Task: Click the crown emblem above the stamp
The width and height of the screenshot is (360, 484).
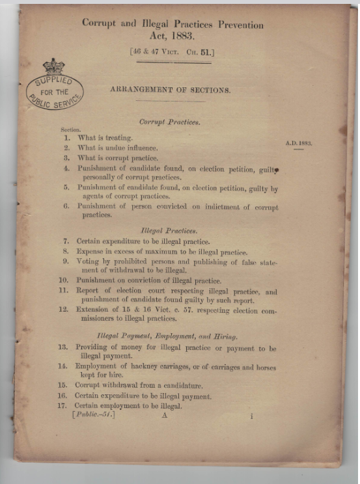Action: (53, 66)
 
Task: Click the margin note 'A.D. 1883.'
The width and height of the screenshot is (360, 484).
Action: (299, 142)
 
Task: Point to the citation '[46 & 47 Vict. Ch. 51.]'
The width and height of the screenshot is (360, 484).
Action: (173, 49)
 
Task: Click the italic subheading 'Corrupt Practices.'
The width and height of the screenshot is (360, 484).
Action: (169, 122)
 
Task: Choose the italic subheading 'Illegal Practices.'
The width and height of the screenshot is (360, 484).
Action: (168, 230)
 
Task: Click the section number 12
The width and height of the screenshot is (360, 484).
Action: (62, 310)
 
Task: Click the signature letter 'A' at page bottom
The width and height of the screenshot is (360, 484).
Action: (165, 416)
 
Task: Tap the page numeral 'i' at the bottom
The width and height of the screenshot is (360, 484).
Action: (251, 416)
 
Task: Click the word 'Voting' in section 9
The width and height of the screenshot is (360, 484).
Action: (89, 262)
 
